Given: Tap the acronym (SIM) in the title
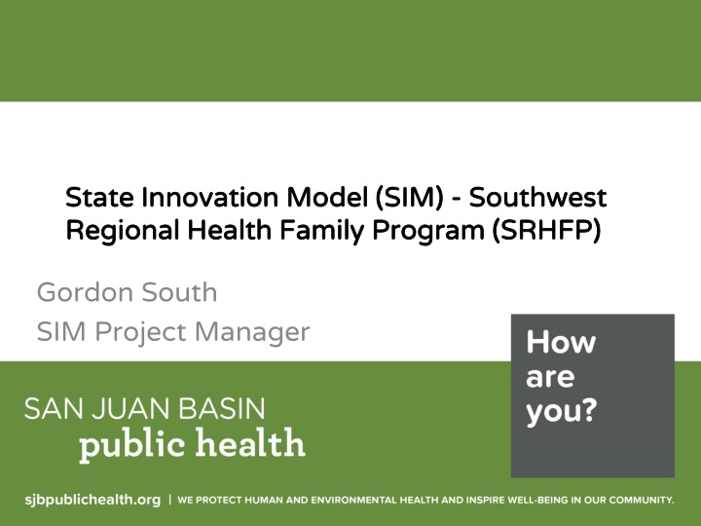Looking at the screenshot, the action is click(409, 197).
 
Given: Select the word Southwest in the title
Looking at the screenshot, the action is click(537, 197).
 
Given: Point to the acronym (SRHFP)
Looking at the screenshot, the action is click(545, 230).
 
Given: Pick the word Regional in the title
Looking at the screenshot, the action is click(122, 231).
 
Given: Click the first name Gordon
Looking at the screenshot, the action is click(85, 292).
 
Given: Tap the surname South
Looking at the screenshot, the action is click(179, 292).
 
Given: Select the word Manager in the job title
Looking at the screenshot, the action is click(252, 333).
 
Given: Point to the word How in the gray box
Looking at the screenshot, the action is click(561, 342).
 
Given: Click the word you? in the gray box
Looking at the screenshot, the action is click(562, 411).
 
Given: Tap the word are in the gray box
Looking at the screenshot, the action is click(550, 377).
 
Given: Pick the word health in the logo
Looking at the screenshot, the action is click(251, 442).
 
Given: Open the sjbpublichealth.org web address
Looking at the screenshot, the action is click(92, 499).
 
